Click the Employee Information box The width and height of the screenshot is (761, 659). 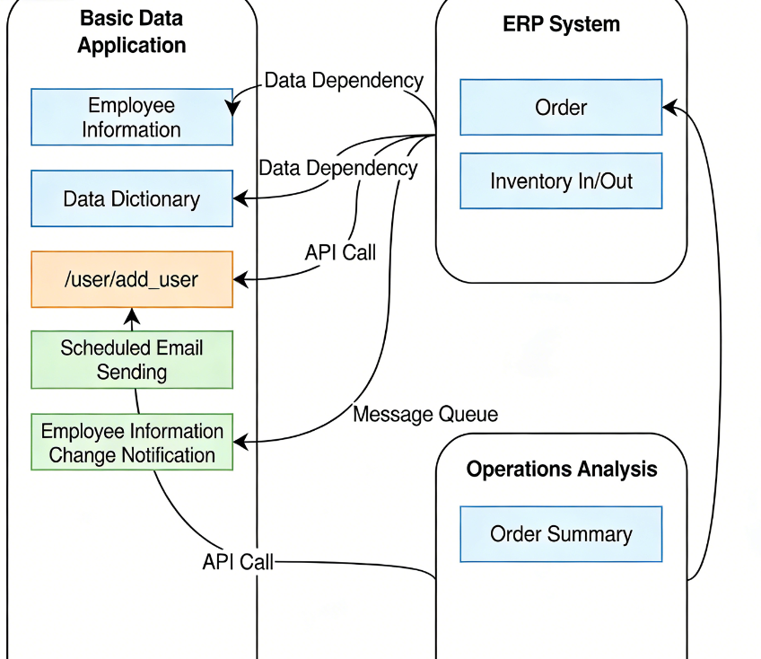(x=132, y=117)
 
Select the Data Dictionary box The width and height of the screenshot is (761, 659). (x=132, y=198)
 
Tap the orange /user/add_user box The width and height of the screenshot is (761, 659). (x=132, y=279)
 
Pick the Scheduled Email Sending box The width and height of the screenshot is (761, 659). (x=132, y=360)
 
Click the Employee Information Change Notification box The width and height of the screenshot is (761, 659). (x=132, y=443)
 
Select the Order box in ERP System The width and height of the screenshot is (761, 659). (x=561, y=108)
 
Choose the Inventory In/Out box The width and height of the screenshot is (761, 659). (x=561, y=181)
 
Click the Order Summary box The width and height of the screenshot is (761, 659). (x=561, y=534)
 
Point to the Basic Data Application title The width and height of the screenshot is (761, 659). (x=132, y=31)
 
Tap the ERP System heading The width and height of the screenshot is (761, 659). (x=561, y=24)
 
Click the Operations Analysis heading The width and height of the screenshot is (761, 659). (x=561, y=469)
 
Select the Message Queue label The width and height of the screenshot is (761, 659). (x=424, y=414)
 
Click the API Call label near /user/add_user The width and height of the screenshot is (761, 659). (x=340, y=252)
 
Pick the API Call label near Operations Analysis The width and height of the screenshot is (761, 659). (x=238, y=562)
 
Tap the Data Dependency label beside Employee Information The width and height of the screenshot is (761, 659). (x=344, y=80)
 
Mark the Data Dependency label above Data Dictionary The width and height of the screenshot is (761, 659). (x=337, y=168)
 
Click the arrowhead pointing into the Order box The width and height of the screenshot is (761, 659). (x=669, y=108)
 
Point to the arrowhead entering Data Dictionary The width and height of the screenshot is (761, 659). (x=241, y=197)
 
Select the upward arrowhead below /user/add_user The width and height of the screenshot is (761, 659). (x=133, y=314)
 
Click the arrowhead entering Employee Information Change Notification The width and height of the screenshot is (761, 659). (x=241, y=442)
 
